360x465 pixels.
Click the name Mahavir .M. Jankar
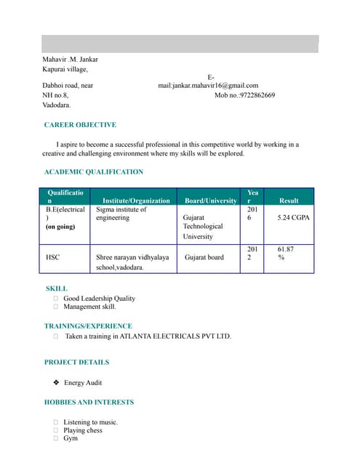tap(70, 59)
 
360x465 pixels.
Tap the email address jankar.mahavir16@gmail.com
tap(208, 85)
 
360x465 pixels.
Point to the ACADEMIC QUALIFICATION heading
tap(94, 171)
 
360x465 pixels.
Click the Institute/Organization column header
tap(136, 200)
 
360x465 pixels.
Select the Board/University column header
tap(210, 200)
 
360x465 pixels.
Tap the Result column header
tap(289, 200)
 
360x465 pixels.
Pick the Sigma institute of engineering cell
tap(121, 213)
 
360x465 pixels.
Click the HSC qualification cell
tap(53, 256)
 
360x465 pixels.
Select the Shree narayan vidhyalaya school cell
tap(132, 262)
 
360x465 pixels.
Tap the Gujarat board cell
tap(204, 256)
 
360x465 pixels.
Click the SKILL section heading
tap(57, 288)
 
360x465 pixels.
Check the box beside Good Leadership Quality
tap(56, 299)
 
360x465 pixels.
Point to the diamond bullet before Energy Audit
tap(56, 382)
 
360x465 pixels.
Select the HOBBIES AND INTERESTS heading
tap(89, 402)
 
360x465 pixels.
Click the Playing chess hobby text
tap(83, 430)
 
